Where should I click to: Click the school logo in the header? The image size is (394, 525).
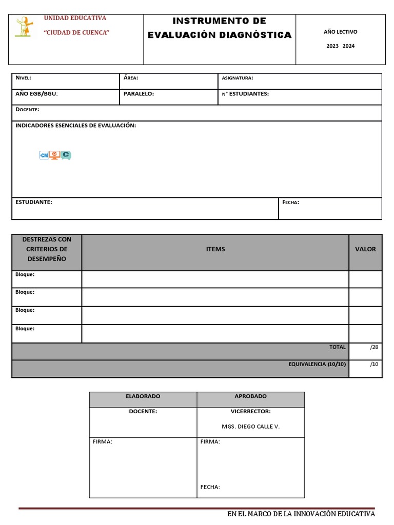24,27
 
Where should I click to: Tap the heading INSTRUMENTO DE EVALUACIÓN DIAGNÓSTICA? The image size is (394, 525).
220,28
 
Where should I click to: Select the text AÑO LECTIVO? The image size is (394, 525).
340,32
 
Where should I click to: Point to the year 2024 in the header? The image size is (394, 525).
348,46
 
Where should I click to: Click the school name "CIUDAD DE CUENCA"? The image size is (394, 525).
77,33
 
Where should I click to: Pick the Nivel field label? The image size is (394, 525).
24,78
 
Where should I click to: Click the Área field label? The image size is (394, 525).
131,78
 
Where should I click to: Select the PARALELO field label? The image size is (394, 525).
139,94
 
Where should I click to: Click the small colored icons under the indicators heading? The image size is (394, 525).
55,155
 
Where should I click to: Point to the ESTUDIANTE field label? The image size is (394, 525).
34,202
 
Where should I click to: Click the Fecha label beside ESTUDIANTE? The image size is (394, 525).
290,202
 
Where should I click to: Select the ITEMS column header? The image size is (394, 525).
215,249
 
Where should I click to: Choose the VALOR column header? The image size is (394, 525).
365,249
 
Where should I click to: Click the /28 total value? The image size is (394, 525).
373,347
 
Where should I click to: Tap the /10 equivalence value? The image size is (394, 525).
373,364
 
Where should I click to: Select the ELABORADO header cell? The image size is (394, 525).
143,396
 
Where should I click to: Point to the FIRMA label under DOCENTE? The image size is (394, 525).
102,441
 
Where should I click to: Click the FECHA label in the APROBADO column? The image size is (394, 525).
210,487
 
